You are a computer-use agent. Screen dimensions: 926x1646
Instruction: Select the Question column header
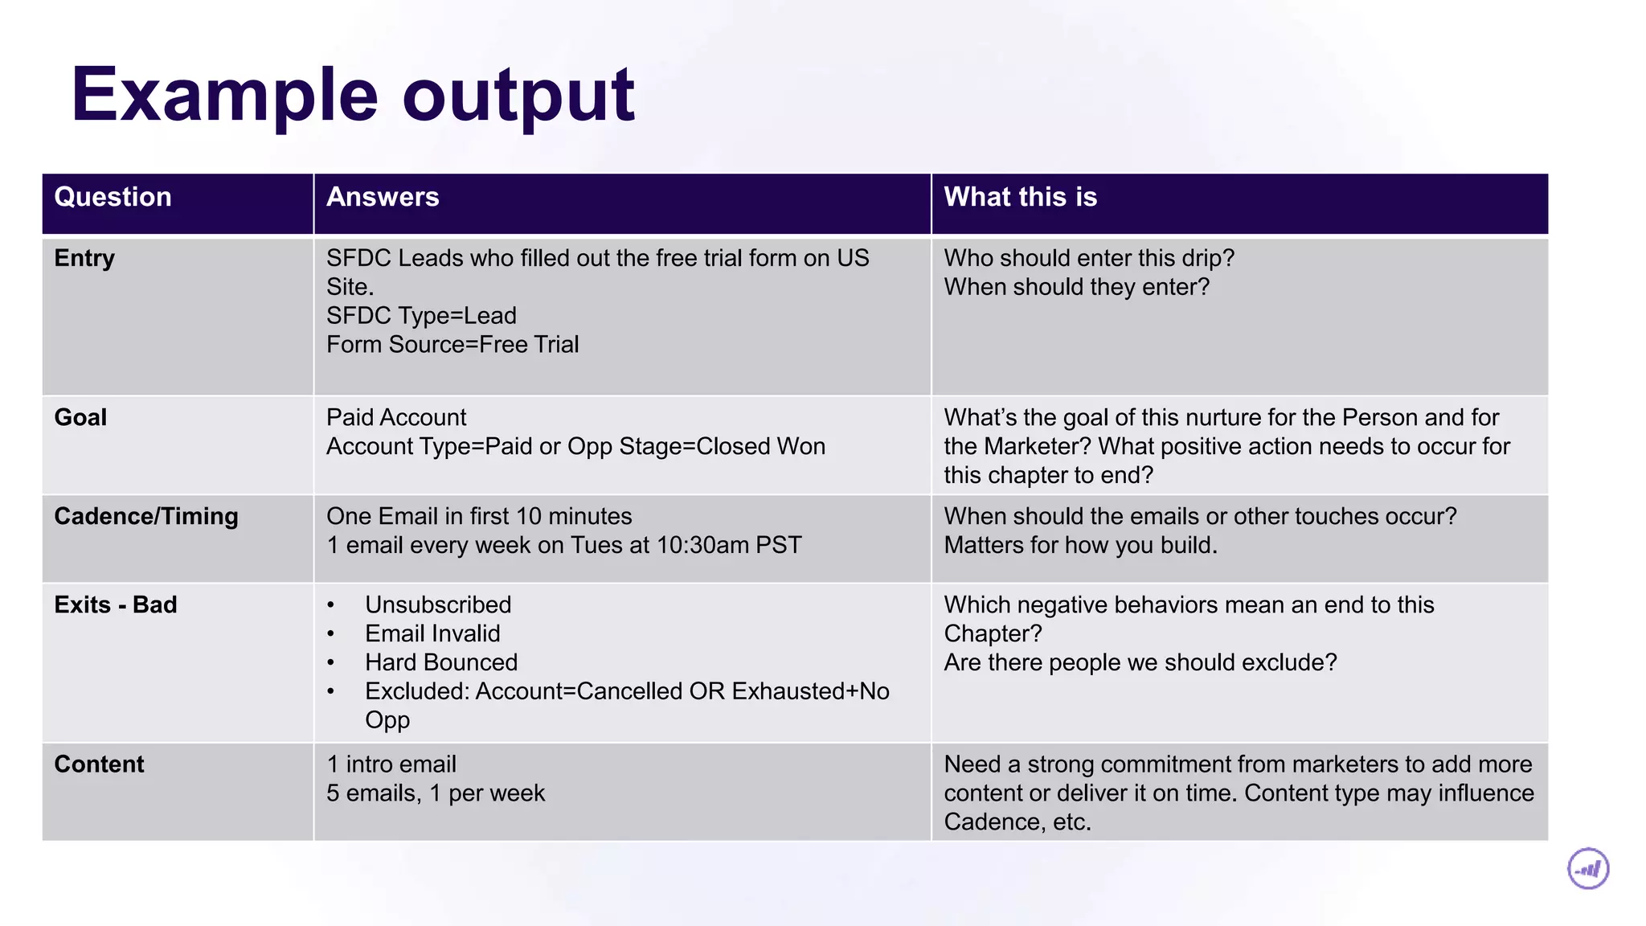(x=113, y=197)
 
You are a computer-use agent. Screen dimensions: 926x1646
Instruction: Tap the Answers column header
(x=383, y=197)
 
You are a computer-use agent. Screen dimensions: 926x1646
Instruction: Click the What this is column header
(x=1020, y=197)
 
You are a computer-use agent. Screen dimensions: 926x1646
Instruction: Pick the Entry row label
(x=84, y=258)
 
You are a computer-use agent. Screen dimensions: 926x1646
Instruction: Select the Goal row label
(x=80, y=417)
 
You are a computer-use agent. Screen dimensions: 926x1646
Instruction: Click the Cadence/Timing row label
(x=146, y=516)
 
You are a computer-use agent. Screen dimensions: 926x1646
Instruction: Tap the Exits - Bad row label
(x=116, y=604)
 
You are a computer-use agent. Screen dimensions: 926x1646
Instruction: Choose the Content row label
(x=99, y=764)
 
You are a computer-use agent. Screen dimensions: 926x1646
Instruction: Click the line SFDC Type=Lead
(x=421, y=316)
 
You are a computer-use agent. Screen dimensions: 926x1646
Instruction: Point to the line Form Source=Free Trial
(x=452, y=345)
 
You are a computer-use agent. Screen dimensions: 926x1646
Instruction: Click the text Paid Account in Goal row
(x=396, y=417)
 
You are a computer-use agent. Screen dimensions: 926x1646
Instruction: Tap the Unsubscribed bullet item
(x=438, y=604)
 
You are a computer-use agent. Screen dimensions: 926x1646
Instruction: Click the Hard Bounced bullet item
(x=441, y=662)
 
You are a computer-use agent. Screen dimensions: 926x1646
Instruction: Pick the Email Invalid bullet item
(x=432, y=633)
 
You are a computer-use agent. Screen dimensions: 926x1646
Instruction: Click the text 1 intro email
(x=391, y=764)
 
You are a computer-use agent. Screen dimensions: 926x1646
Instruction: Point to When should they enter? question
(x=1076, y=287)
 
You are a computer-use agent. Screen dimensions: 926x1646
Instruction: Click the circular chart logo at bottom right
(x=1588, y=869)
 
